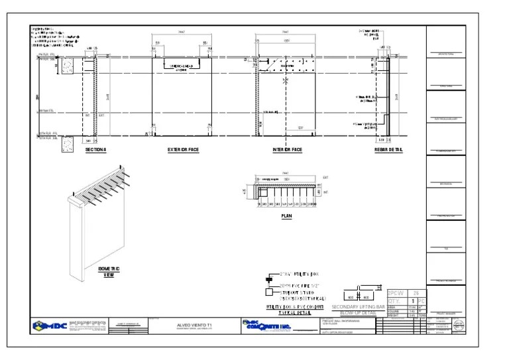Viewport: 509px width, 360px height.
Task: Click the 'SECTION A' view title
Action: click(x=95, y=150)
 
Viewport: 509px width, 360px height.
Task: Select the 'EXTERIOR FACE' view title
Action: click(x=183, y=150)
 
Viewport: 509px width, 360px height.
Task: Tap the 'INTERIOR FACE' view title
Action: click(x=288, y=150)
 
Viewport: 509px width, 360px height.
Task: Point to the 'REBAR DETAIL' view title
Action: click(x=388, y=150)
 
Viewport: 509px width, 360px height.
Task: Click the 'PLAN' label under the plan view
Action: click(x=286, y=216)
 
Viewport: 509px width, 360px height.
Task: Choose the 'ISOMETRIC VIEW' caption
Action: click(x=109, y=271)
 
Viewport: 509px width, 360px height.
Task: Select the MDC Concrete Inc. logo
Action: click(x=265, y=326)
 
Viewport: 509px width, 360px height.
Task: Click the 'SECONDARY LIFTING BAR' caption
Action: click(x=358, y=308)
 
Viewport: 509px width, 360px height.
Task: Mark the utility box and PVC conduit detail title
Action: click(x=295, y=310)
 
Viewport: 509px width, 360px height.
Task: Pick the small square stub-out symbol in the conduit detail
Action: click(x=268, y=292)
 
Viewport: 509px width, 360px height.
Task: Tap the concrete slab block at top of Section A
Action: click(x=68, y=65)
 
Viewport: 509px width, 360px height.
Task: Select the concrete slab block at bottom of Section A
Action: click(x=68, y=144)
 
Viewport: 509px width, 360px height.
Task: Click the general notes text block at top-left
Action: click(x=54, y=40)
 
